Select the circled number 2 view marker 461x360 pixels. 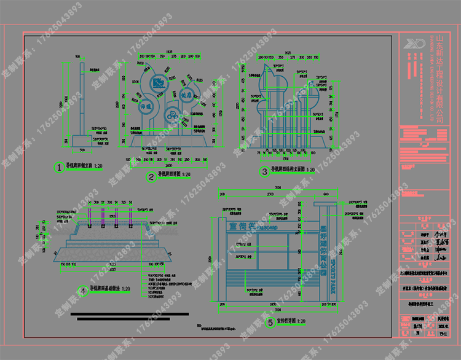(x=150, y=178)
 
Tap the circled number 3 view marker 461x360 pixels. (x=264, y=172)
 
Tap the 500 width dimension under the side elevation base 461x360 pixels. (x=82, y=150)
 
